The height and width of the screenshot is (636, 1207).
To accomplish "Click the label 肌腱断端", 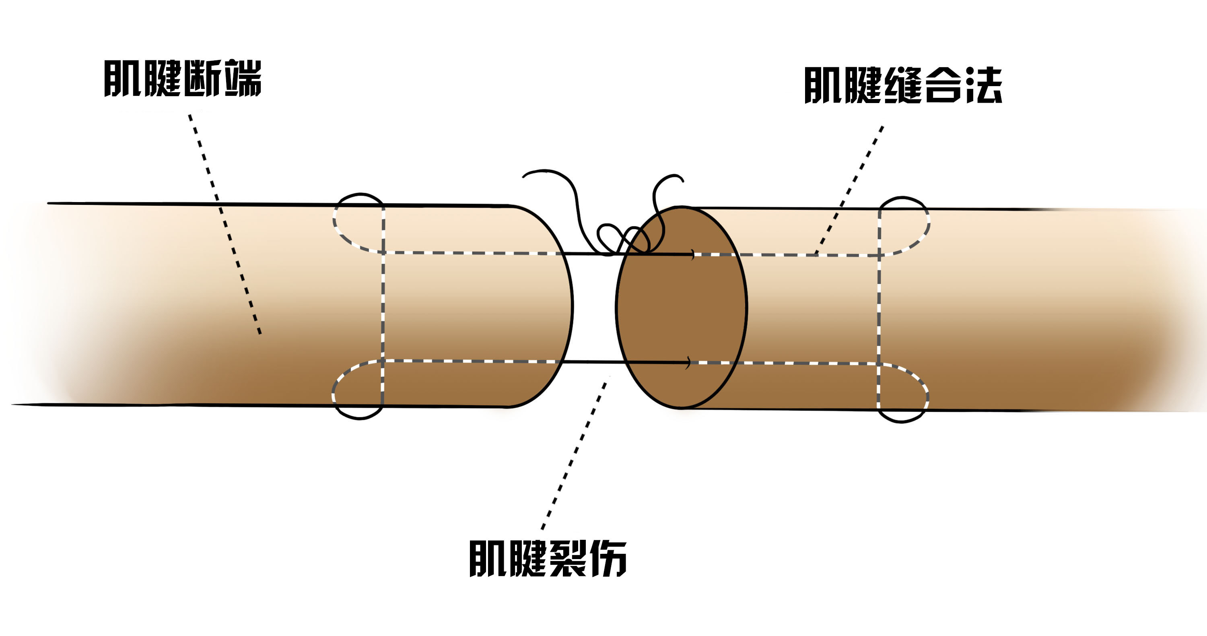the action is click(182, 78).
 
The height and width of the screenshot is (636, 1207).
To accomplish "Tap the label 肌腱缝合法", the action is click(903, 85).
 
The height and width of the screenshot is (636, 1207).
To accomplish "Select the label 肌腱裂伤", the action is click(548, 559).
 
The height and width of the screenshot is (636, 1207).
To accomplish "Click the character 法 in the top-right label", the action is click(983, 85).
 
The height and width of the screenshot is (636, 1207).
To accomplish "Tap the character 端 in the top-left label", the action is click(243, 78).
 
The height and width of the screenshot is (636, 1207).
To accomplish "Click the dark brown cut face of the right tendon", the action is click(681, 307).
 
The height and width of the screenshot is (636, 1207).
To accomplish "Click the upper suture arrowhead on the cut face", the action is click(692, 254).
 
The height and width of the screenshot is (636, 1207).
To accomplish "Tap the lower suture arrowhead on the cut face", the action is click(688, 363).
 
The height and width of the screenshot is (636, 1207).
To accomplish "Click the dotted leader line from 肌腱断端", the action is click(225, 224).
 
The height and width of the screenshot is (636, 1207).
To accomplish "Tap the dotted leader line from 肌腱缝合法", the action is click(849, 190).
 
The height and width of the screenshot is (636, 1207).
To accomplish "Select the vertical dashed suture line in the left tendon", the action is click(383, 307).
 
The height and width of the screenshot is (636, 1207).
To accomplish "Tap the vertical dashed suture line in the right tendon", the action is click(880, 309).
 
